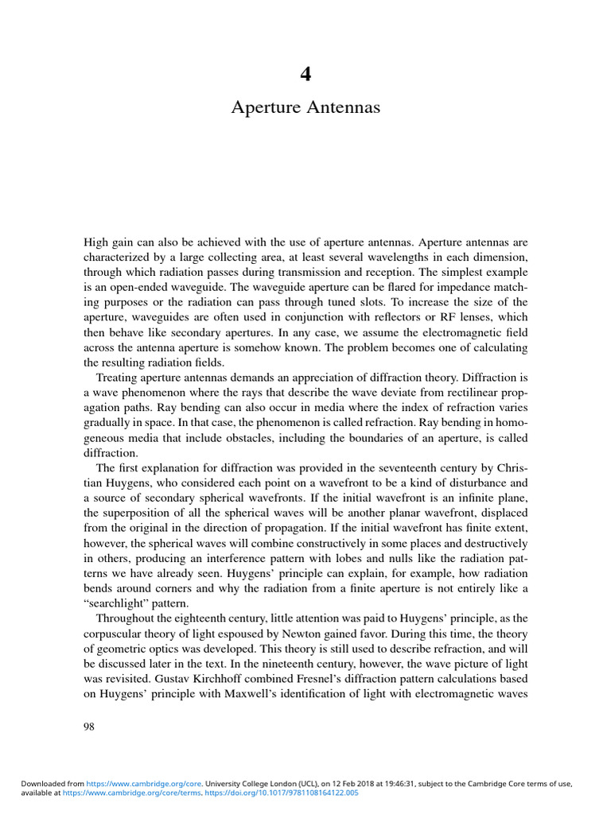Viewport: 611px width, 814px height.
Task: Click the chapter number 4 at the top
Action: pyautogui.click(x=305, y=75)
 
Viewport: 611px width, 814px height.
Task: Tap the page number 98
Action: pyautogui.click(x=89, y=727)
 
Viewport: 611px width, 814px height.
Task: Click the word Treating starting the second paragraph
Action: pyautogui.click(x=119, y=376)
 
